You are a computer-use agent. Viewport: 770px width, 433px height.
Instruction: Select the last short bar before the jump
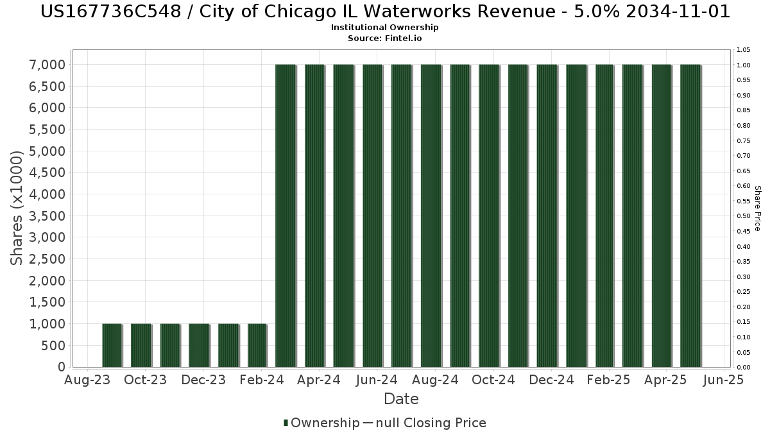(x=257, y=345)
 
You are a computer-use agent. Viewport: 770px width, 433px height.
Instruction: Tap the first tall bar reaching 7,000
(x=286, y=216)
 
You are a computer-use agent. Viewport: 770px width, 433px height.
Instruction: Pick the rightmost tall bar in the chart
(x=690, y=216)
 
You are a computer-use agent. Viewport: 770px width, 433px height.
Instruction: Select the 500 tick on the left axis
(x=55, y=346)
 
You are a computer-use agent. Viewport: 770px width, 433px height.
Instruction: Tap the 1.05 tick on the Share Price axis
(x=744, y=50)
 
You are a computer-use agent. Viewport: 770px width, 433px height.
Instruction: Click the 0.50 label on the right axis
(x=744, y=216)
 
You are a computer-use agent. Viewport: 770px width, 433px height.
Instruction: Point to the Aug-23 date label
(x=87, y=380)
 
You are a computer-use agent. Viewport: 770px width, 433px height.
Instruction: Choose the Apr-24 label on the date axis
(x=319, y=380)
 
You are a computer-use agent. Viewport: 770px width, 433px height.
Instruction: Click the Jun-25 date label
(x=723, y=380)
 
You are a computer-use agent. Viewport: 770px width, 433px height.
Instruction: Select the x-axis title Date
(x=401, y=399)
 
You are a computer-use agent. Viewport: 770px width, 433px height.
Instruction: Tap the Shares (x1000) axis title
(x=17, y=207)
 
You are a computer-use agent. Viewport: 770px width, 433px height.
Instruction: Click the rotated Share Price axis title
(x=757, y=208)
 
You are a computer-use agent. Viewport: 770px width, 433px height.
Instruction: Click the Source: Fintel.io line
(x=385, y=38)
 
